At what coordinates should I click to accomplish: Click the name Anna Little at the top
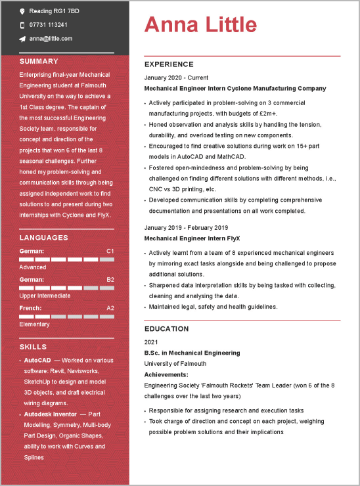click(200, 25)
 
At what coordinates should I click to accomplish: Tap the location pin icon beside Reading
click(22, 12)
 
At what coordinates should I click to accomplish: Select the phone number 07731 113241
click(48, 25)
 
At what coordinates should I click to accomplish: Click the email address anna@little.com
click(51, 39)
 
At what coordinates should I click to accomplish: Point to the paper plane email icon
click(22, 39)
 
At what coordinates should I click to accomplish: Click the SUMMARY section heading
click(39, 61)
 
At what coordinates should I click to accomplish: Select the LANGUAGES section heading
click(43, 238)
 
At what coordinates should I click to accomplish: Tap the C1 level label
click(110, 251)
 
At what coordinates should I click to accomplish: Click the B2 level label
click(110, 279)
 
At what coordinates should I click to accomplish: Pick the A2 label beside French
click(110, 307)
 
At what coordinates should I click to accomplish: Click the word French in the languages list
click(30, 307)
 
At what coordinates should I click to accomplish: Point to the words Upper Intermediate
click(45, 296)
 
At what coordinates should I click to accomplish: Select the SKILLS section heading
click(33, 347)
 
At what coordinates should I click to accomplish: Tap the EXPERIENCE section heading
click(169, 64)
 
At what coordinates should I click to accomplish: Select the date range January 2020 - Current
click(176, 77)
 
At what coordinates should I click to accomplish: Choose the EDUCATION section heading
click(166, 329)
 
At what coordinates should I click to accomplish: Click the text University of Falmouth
click(175, 363)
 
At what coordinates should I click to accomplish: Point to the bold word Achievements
click(166, 374)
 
